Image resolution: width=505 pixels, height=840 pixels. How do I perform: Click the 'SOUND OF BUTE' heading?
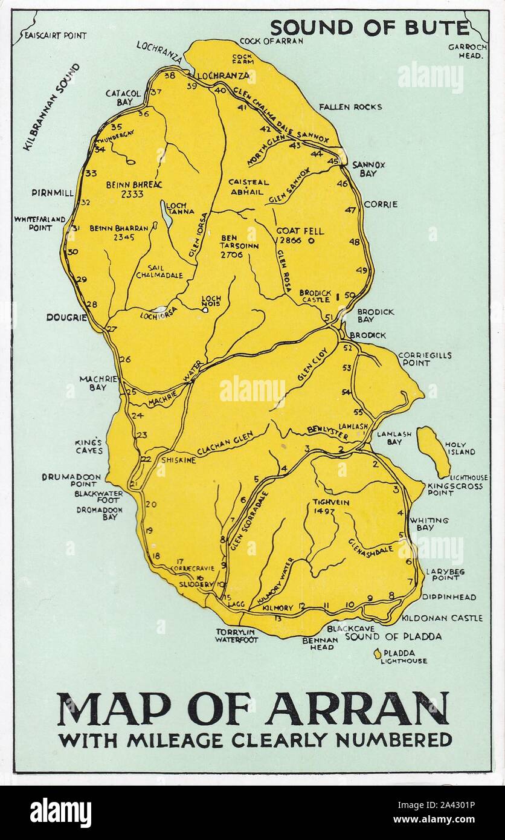(x=369, y=28)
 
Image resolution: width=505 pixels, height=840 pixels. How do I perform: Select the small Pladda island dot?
(x=378, y=653)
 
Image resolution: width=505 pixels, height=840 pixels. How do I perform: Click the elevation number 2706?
(x=232, y=255)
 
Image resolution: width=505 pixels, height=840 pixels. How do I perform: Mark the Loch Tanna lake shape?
(x=166, y=215)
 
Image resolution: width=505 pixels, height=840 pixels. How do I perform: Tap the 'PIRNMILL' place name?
(x=52, y=193)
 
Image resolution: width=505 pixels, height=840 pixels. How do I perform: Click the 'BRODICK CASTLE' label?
(x=315, y=296)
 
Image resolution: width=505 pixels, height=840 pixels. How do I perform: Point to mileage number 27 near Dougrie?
(x=111, y=329)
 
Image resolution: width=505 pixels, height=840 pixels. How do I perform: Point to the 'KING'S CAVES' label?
(x=89, y=446)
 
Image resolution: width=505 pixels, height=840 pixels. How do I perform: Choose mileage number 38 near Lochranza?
(x=170, y=76)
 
